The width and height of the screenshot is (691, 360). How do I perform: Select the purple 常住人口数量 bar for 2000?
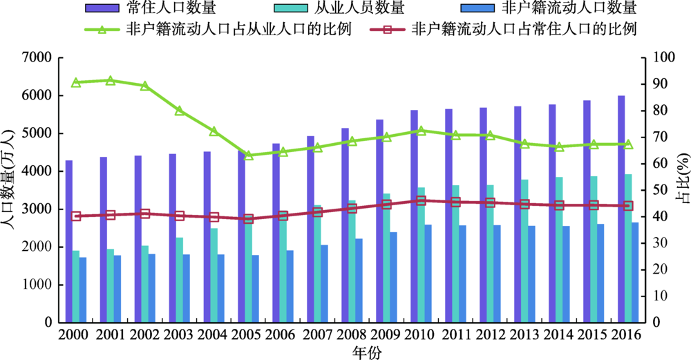(69, 241)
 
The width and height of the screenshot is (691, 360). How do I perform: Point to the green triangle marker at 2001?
(111, 81)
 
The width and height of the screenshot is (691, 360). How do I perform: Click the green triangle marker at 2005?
(249, 155)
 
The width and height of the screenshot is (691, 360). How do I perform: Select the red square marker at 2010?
(422, 201)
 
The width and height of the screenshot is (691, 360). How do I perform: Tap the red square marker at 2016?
(629, 206)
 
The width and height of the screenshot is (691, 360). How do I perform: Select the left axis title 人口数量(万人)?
(9, 189)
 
